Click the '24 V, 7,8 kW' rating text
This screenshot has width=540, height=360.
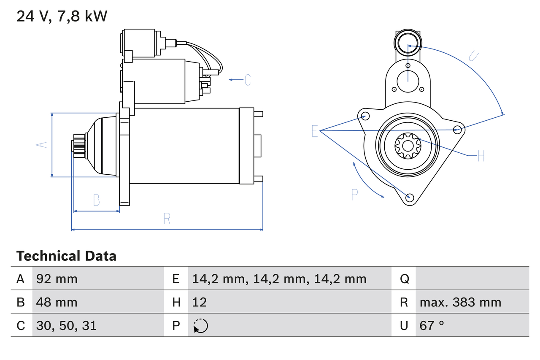click(62, 16)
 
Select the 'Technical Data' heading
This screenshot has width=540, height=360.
click(66, 256)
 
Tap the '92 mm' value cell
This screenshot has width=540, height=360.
click(57, 279)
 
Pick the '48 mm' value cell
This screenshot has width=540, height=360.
click(57, 302)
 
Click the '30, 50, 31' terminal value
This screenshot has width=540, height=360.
click(66, 325)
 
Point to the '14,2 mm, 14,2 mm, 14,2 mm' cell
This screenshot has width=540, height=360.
click(279, 279)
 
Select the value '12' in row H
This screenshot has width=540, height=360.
click(200, 302)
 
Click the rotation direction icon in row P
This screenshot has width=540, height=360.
click(200, 326)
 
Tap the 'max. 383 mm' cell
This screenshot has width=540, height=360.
click(460, 302)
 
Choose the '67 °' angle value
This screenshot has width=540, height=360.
click(432, 325)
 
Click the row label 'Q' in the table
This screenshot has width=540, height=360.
click(405, 279)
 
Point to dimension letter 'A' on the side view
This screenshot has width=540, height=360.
click(41, 145)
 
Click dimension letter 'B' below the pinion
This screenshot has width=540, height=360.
click(97, 200)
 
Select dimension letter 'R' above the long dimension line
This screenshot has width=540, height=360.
click(167, 219)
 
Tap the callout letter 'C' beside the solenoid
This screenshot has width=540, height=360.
click(248, 80)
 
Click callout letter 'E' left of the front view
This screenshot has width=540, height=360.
click(315, 131)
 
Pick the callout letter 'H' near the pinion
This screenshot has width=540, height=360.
click(481, 156)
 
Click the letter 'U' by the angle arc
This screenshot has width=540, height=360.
click(473, 56)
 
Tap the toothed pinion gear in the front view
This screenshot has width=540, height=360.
click(408, 146)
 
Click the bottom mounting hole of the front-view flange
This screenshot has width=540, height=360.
click(410, 198)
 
